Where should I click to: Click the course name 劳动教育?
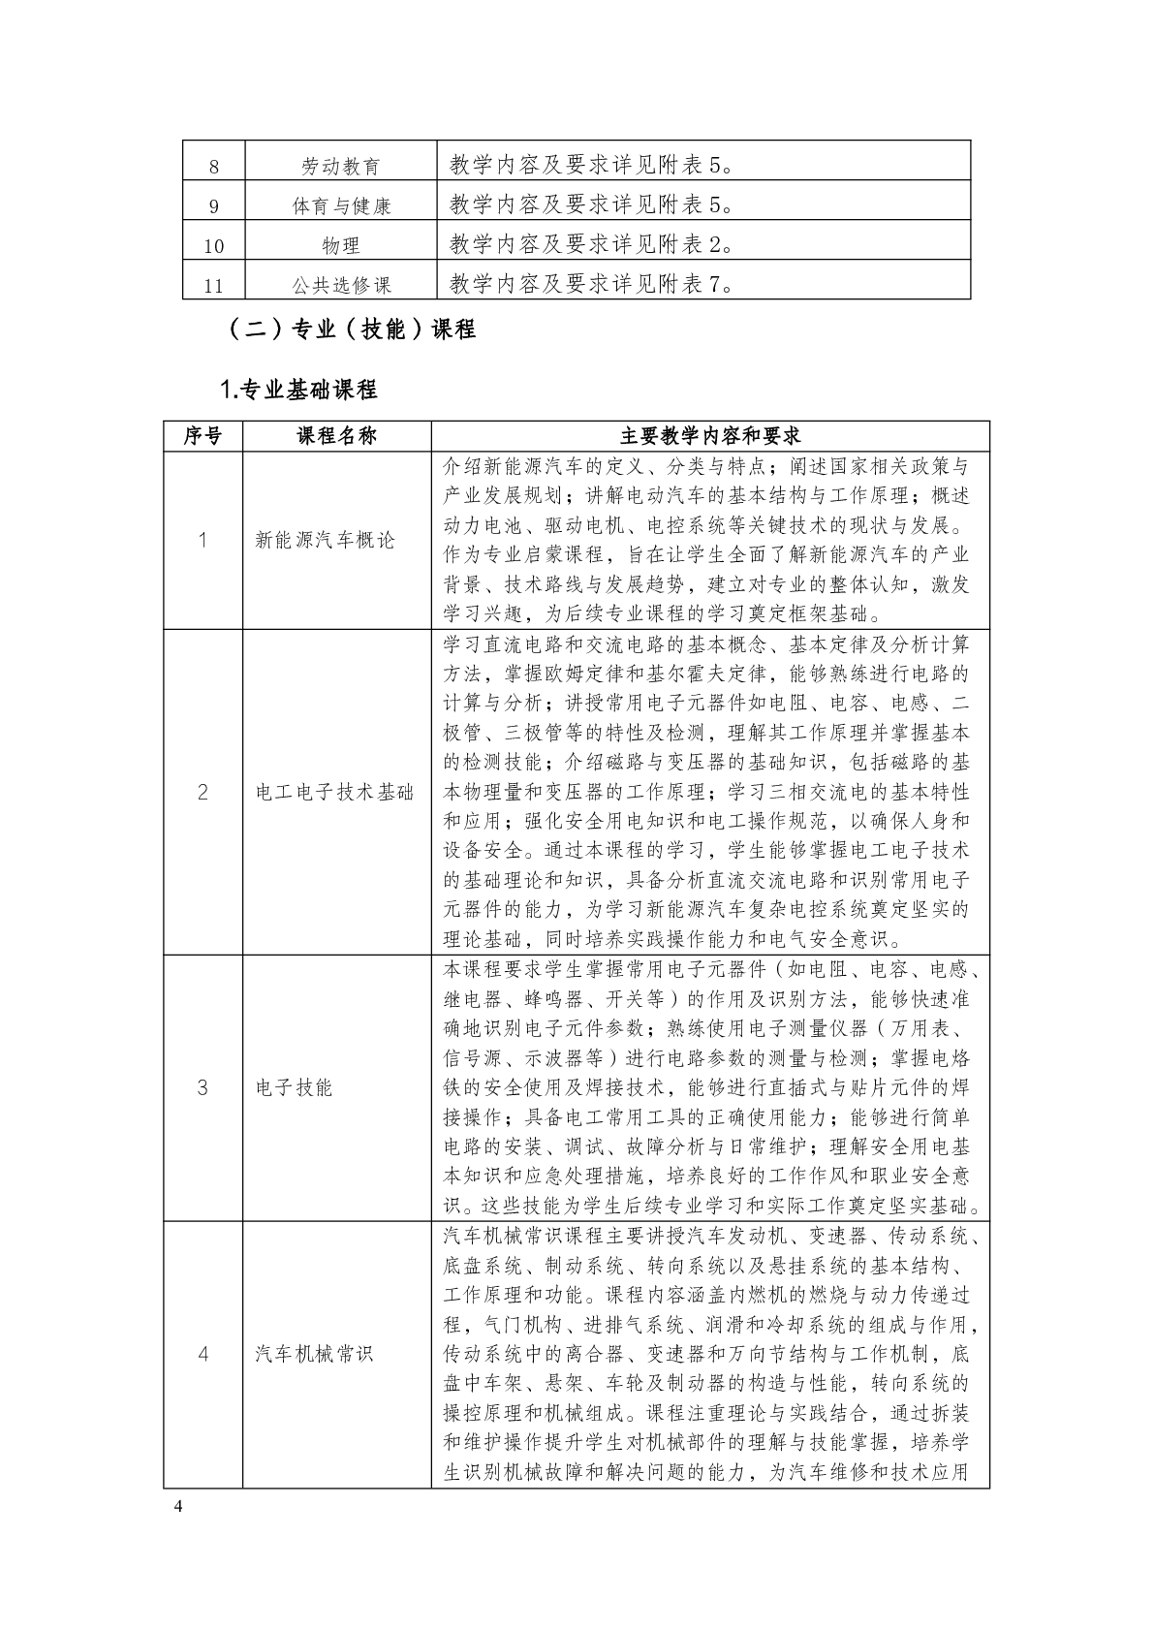click(340, 167)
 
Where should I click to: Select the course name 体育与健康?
click(340, 206)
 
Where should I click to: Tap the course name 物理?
click(340, 246)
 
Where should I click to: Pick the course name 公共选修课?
click(340, 286)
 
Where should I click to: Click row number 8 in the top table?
click(214, 167)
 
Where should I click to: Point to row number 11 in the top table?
click(214, 286)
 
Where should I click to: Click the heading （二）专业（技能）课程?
click(351, 330)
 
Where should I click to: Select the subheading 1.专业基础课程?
click(298, 391)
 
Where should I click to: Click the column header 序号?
click(203, 437)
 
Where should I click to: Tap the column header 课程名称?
click(336, 437)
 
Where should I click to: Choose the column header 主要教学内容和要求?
click(710, 437)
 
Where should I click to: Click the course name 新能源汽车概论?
click(325, 541)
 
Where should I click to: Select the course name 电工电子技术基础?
click(334, 793)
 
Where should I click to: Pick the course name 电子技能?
click(294, 1088)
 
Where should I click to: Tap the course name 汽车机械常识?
click(314, 1354)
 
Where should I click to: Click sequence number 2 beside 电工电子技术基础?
click(203, 793)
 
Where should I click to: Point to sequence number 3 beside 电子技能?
click(203, 1088)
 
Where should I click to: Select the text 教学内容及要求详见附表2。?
click(591, 245)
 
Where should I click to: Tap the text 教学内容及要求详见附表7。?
click(591, 285)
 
